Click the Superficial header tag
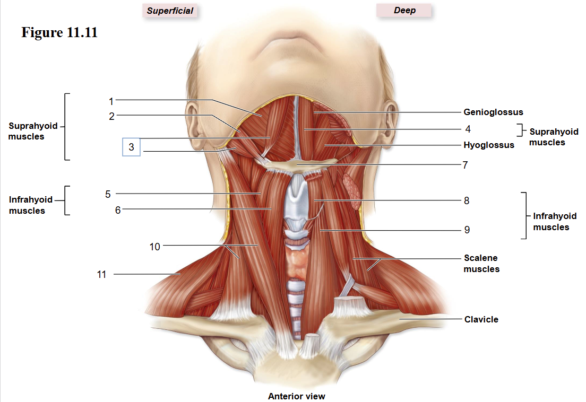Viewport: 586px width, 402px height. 170,11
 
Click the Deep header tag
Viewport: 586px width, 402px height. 404,10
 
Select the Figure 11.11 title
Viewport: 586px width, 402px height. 59,32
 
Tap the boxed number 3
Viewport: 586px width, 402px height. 131,147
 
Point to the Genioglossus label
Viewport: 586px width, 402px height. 493,112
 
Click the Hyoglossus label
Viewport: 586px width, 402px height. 488,145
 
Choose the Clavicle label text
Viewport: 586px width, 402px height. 481,319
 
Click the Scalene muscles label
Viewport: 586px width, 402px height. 481,263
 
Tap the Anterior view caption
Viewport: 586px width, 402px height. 296,396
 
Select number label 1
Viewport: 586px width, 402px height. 111,101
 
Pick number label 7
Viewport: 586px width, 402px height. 466,165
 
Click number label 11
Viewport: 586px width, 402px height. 102,274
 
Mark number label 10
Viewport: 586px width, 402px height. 154,247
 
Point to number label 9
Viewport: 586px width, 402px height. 467,230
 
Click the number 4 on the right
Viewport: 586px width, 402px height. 468,129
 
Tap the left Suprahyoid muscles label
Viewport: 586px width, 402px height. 33,131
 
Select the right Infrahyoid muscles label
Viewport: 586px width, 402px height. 555,221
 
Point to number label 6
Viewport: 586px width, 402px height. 118,210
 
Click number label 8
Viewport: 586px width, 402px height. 467,200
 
